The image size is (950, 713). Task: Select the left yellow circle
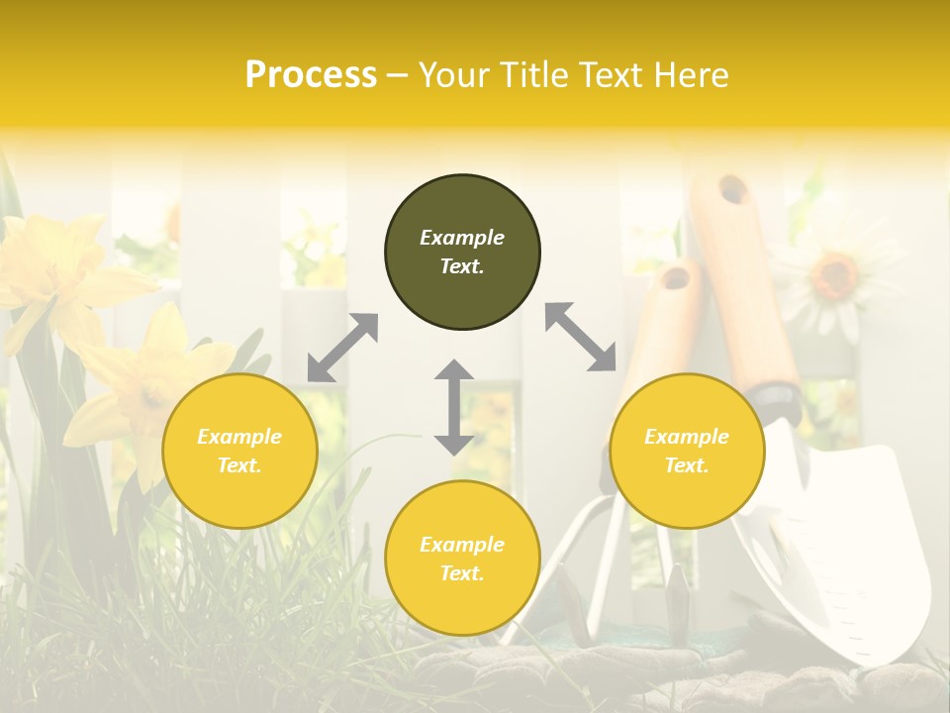pyautogui.click(x=239, y=451)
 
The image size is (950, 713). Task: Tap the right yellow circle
pyautogui.click(x=687, y=451)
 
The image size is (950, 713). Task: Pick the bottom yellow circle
pyautogui.click(x=462, y=559)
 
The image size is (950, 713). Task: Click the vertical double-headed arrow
pyautogui.click(x=453, y=407)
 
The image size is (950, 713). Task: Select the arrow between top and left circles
pyautogui.click(x=342, y=348)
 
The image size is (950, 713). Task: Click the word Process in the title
pyautogui.click(x=311, y=74)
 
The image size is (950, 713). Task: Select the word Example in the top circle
pyautogui.click(x=462, y=238)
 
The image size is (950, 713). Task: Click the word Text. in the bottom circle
pyautogui.click(x=462, y=573)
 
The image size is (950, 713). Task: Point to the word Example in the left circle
pyautogui.click(x=239, y=437)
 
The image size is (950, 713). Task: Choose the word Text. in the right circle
pyautogui.click(x=687, y=465)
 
